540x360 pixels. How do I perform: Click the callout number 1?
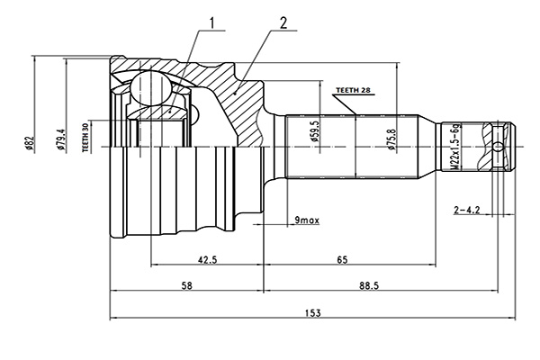[212, 22]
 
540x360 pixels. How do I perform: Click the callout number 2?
[283, 23]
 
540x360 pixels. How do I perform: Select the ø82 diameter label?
[30, 143]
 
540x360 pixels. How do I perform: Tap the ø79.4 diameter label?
[61, 139]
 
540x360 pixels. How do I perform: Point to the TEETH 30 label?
[85, 137]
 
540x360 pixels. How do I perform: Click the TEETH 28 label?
[353, 90]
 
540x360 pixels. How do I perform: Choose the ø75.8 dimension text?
[391, 139]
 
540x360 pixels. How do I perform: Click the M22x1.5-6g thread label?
[454, 147]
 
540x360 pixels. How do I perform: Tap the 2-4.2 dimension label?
[467, 210]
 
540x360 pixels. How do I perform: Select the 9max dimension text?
[307, 220]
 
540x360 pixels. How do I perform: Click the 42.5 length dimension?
[207, 259]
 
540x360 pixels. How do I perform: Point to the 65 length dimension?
[342, 259]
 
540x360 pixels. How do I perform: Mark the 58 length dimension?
[187, 285]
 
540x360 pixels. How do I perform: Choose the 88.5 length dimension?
[369, 285]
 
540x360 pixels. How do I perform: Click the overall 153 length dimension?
[312, 313]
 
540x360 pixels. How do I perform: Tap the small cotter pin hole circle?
[498, 147]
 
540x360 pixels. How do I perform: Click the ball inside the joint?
[151, 88]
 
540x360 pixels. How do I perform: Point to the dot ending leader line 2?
[236, 93]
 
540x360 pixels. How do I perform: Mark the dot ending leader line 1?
[170, 111]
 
